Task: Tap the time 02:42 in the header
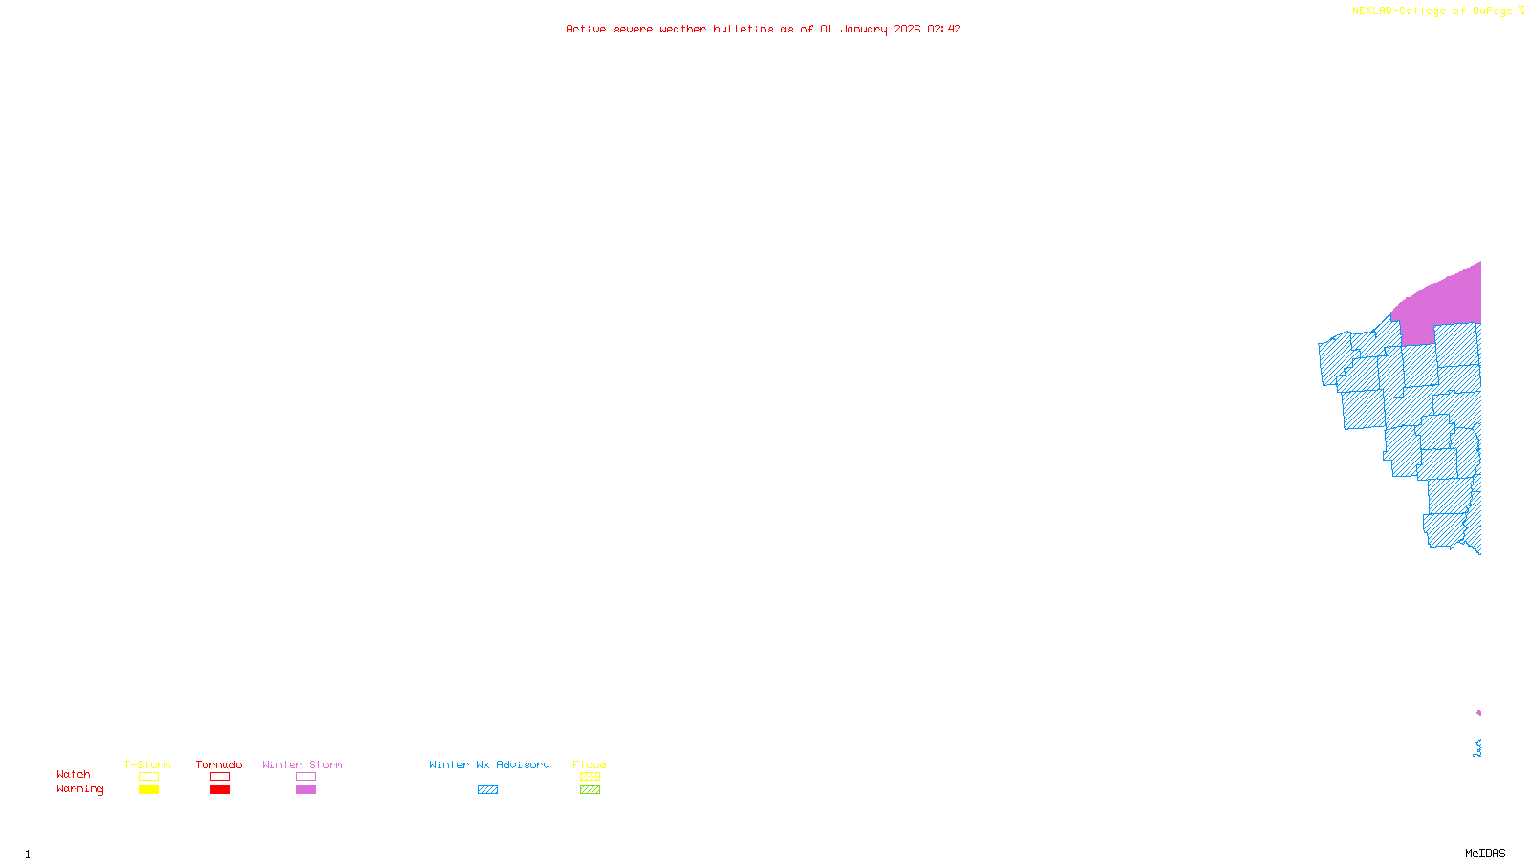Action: click(x=944, y=29)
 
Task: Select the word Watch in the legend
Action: click(x=74, y=775)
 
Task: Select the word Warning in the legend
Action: click(x=80, y=789)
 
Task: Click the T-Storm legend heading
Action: click(x=147, y=764)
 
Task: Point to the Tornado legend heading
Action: click(x=219, y=764)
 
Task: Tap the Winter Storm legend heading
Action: click(x=302, y=764)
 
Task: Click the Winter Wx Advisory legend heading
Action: click(x=489, y=764)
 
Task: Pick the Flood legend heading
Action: click(x=590, y=764)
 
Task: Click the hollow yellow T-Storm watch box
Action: click(x=148, y=777)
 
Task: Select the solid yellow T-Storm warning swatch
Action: click(x=148, y=790)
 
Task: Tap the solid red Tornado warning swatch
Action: click(x=220, y=790)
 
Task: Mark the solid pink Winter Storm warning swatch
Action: click(x=306, y=790)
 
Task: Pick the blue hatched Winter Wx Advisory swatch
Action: click(x=487, y=790)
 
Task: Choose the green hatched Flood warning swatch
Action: click(x=590, y=790)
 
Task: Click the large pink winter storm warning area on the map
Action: click(x=1443, y=301)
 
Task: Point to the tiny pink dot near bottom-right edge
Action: click(x=1478, y=713)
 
